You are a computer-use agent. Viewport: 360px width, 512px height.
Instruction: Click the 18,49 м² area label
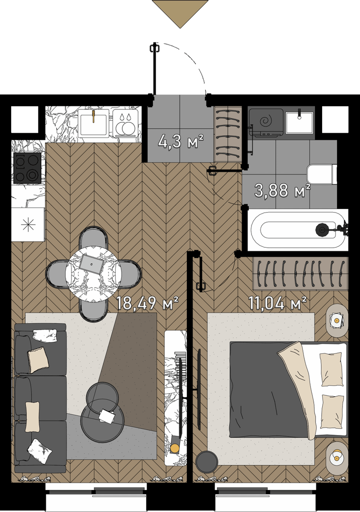pyautogui.click(x=147, y=304)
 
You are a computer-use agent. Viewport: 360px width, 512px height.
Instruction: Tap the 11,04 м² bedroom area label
pyautogui.click(x=278, y=304)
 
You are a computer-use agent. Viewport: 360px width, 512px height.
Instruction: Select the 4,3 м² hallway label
pyautogui.click(x=180, y=142)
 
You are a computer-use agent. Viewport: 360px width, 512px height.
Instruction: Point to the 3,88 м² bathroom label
pyautogui.click(x=282, y=191)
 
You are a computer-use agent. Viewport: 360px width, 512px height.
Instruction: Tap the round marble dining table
pyautogui.click(x=93, y=273)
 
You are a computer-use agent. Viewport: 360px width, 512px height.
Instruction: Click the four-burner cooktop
pyautogui.click(x=27, y=168)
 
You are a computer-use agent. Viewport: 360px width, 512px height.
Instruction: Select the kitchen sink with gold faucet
pyautogui.click(x=93, y=122)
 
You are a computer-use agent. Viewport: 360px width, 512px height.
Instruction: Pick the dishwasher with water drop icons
pyautogui.click(x=126, y=122)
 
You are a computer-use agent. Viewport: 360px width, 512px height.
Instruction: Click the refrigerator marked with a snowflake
pyautogui.click(x=28, y=224)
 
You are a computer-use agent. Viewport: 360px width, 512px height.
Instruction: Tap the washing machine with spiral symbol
pyautogui.click(x=265, y=122)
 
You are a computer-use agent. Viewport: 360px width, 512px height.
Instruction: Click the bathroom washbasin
pyautogui.click(x=299, y=122)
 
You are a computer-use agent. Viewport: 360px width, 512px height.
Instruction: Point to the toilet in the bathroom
pyautogui.click(x=322, y=174)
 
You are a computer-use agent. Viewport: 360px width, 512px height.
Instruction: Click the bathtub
pyautogui.click(x=297, y=230)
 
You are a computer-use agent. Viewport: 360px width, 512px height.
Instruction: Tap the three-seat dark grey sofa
pyautogui.click(x=40, y=398)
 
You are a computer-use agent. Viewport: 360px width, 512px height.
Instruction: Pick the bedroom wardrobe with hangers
pyautogui.click(x=300, y=273)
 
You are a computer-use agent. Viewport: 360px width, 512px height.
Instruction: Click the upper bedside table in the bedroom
pyautogui.click(x=337, y=321)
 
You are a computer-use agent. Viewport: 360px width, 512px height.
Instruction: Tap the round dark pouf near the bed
pyautogui.click(x=207, y=462)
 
